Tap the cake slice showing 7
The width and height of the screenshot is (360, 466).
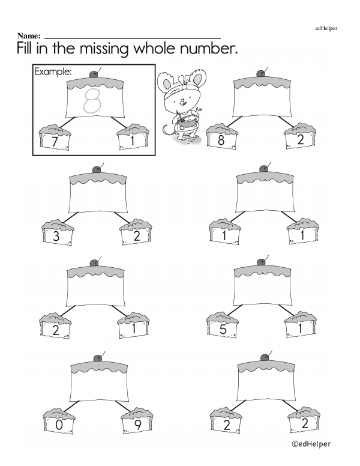tap(55, 138)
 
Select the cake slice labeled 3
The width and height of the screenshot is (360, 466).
tap(58, 232)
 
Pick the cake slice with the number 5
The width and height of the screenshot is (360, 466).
tap(223, 325)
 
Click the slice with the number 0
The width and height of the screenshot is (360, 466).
tap(59, 421)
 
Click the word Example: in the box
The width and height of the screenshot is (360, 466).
tap(53, 72)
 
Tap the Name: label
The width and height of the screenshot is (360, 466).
tap(29, 36)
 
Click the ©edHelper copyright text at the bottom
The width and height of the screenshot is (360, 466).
tap(311, 444)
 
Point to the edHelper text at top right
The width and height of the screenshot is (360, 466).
tap(326, 28)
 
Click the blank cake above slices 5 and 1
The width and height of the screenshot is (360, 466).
tap(262, 286)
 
